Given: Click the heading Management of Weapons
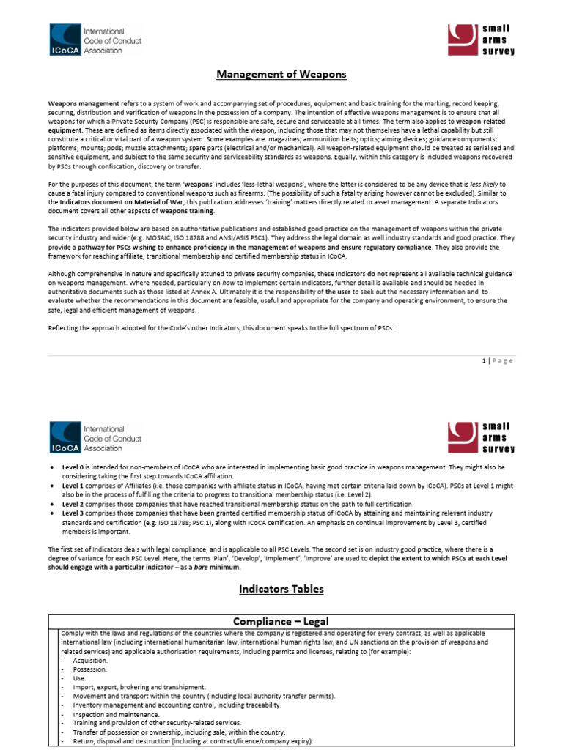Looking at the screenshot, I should click(281, 74).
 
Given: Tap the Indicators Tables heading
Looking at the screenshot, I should click(281, 588).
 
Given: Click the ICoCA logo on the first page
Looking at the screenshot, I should click(95, 41).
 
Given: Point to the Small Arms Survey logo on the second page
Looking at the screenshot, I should click(482, 438).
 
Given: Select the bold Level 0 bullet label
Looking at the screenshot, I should click(72, 467).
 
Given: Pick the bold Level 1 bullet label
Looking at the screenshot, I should click(72, 485).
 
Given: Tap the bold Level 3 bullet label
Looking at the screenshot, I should click(72, 513).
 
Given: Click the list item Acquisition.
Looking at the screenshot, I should click(89, 660).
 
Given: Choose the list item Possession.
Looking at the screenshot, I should click(89, 669).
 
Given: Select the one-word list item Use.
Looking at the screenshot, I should click(79, 678).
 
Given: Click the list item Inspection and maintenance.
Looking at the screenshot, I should click(115, 714).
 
